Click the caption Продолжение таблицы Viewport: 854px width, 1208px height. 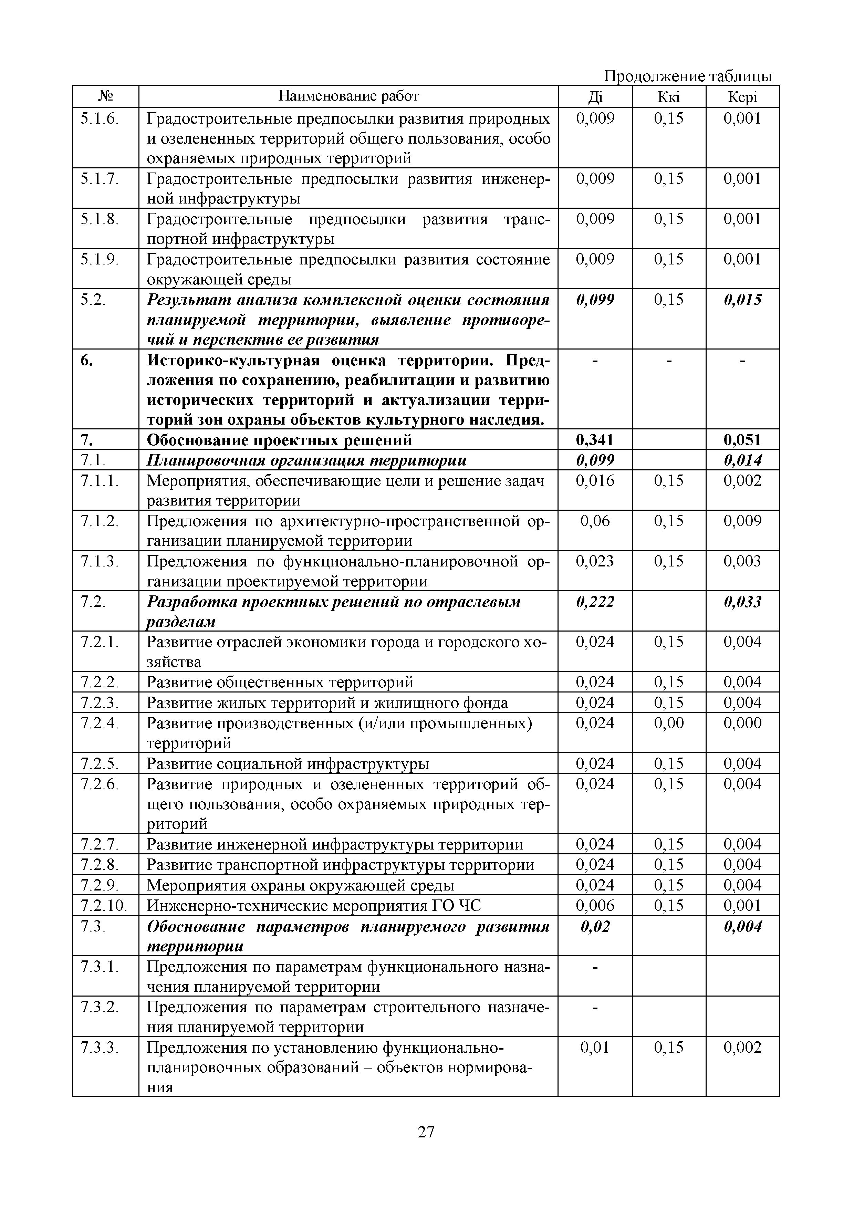[687, 77]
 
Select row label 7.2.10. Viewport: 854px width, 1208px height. [104, 905]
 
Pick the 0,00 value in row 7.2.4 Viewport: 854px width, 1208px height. [668, 723]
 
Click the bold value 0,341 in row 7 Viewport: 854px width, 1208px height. [595, 439]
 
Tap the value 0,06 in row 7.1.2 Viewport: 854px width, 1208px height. [595, 521]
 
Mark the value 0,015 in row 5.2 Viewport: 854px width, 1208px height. [742, 300]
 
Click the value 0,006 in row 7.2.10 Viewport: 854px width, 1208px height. [595, 905]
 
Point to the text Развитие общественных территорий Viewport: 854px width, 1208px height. [280, 683]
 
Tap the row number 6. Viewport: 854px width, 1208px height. [87, 361]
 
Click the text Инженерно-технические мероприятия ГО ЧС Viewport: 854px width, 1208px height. [314, 905]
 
